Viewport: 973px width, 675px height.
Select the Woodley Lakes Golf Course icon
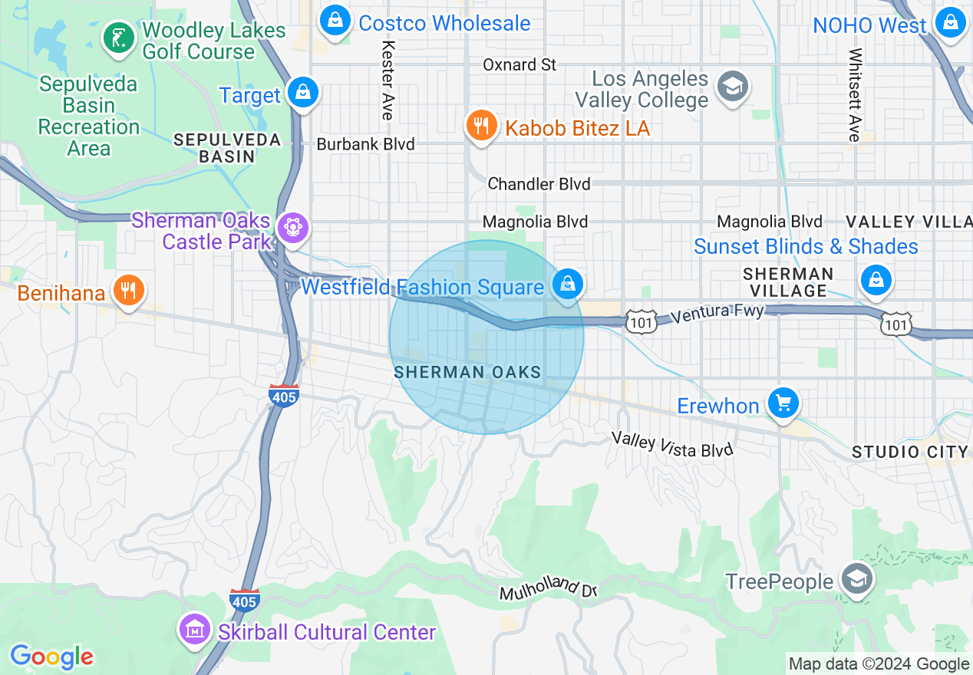tap(118, 38)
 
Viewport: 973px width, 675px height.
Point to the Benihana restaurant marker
tap(129, 291)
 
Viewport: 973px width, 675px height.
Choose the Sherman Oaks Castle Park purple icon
tap(293, 228)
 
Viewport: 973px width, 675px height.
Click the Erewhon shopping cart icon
tap(783, 403)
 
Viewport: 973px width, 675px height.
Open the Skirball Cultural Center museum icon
tap(194, 630)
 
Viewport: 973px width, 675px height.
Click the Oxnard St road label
tap(519, 64)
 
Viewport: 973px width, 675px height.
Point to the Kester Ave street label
tap(388, 80)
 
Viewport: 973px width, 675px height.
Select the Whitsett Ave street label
tap(855, 95)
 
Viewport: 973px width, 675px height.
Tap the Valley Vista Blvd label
tap(672, 444)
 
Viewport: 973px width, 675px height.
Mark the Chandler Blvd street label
tap(539, 184)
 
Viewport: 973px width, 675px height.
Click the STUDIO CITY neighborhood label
tap(910, 452)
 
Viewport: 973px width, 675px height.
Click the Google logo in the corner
tap(51, 657)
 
